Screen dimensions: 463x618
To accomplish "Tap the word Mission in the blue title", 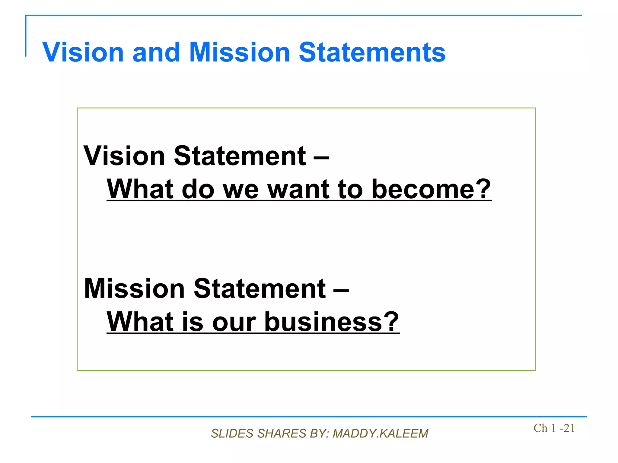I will (240, 52).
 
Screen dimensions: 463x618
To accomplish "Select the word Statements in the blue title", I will (372, 52).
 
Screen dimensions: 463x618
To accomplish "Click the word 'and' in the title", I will (156, 52).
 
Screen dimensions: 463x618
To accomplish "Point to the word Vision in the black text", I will (124, 156).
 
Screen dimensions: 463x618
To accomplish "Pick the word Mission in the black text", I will (134, 288).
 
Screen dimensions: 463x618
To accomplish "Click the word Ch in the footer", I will (540, 428).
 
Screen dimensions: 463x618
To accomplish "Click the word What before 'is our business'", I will (140, 322).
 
